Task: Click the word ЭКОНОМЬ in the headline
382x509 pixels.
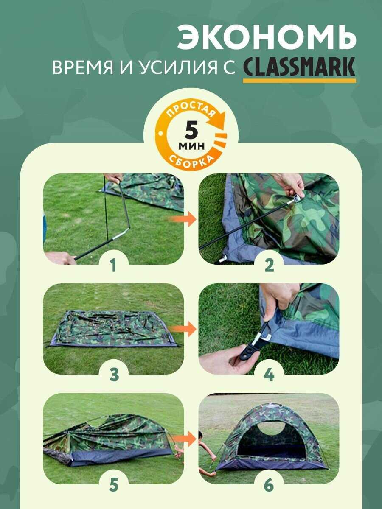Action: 267,38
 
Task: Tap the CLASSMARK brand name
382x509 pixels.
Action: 299,67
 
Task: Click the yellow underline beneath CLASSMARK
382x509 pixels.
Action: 299,81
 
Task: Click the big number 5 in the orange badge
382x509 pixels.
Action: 191,131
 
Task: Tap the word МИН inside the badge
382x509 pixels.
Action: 191,146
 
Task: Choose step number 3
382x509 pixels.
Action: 114,375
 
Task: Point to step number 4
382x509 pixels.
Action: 269,375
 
